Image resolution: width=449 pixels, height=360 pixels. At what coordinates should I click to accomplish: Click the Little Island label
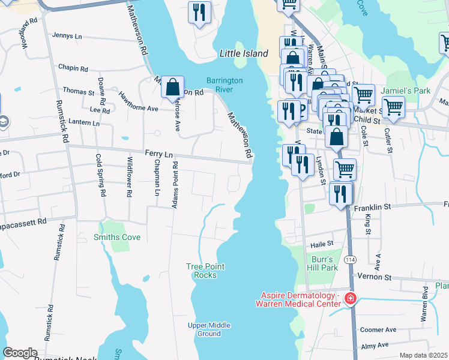(244, 53)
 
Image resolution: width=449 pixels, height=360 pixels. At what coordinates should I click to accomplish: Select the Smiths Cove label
(117, 238)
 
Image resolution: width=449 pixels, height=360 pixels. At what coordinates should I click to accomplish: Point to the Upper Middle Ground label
(208, 329)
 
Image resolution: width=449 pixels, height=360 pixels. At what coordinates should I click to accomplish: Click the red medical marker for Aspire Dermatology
(350, 299)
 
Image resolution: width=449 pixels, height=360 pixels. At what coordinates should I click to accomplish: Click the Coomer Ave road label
(378, 329)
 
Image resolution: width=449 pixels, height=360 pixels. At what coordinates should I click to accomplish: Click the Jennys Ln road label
(67, 36)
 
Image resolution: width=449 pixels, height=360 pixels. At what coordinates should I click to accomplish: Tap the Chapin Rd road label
(74, 68)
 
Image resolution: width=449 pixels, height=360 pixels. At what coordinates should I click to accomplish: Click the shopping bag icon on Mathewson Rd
(172, 87)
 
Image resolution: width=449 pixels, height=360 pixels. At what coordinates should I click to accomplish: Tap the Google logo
(20, 353)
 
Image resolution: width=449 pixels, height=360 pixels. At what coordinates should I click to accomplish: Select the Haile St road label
(321, 245)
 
